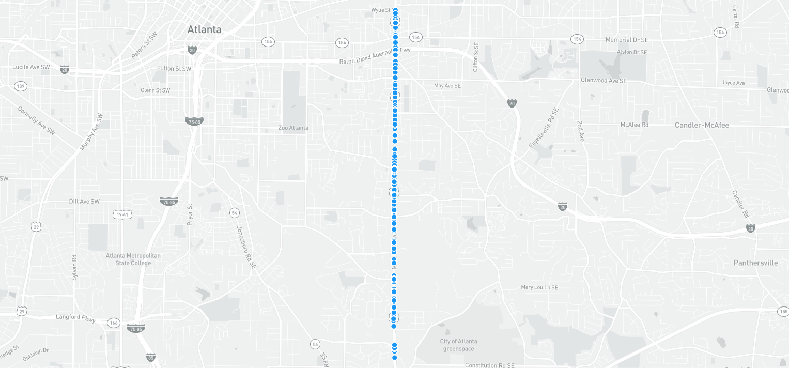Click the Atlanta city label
click(204, 29)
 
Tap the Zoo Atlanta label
click(293, 128)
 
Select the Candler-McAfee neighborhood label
click(702, 125)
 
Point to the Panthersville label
click(755, 263)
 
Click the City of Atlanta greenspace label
click(458, 345)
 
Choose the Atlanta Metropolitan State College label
click(133, 259)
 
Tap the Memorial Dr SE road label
click(626, 40)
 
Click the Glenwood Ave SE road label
click(604, 81)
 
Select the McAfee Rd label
click(634, 125)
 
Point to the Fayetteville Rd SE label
click(544, 128)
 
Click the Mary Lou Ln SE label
click(539, 287)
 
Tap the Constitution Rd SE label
click(489, 365)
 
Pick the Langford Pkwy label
click(75, 317)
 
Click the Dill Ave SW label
click(84, 202)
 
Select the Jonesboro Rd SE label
click(246, 247)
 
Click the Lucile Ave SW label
click(31, 67)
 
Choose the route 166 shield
click(114, 323)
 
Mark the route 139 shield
click(20, 86)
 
